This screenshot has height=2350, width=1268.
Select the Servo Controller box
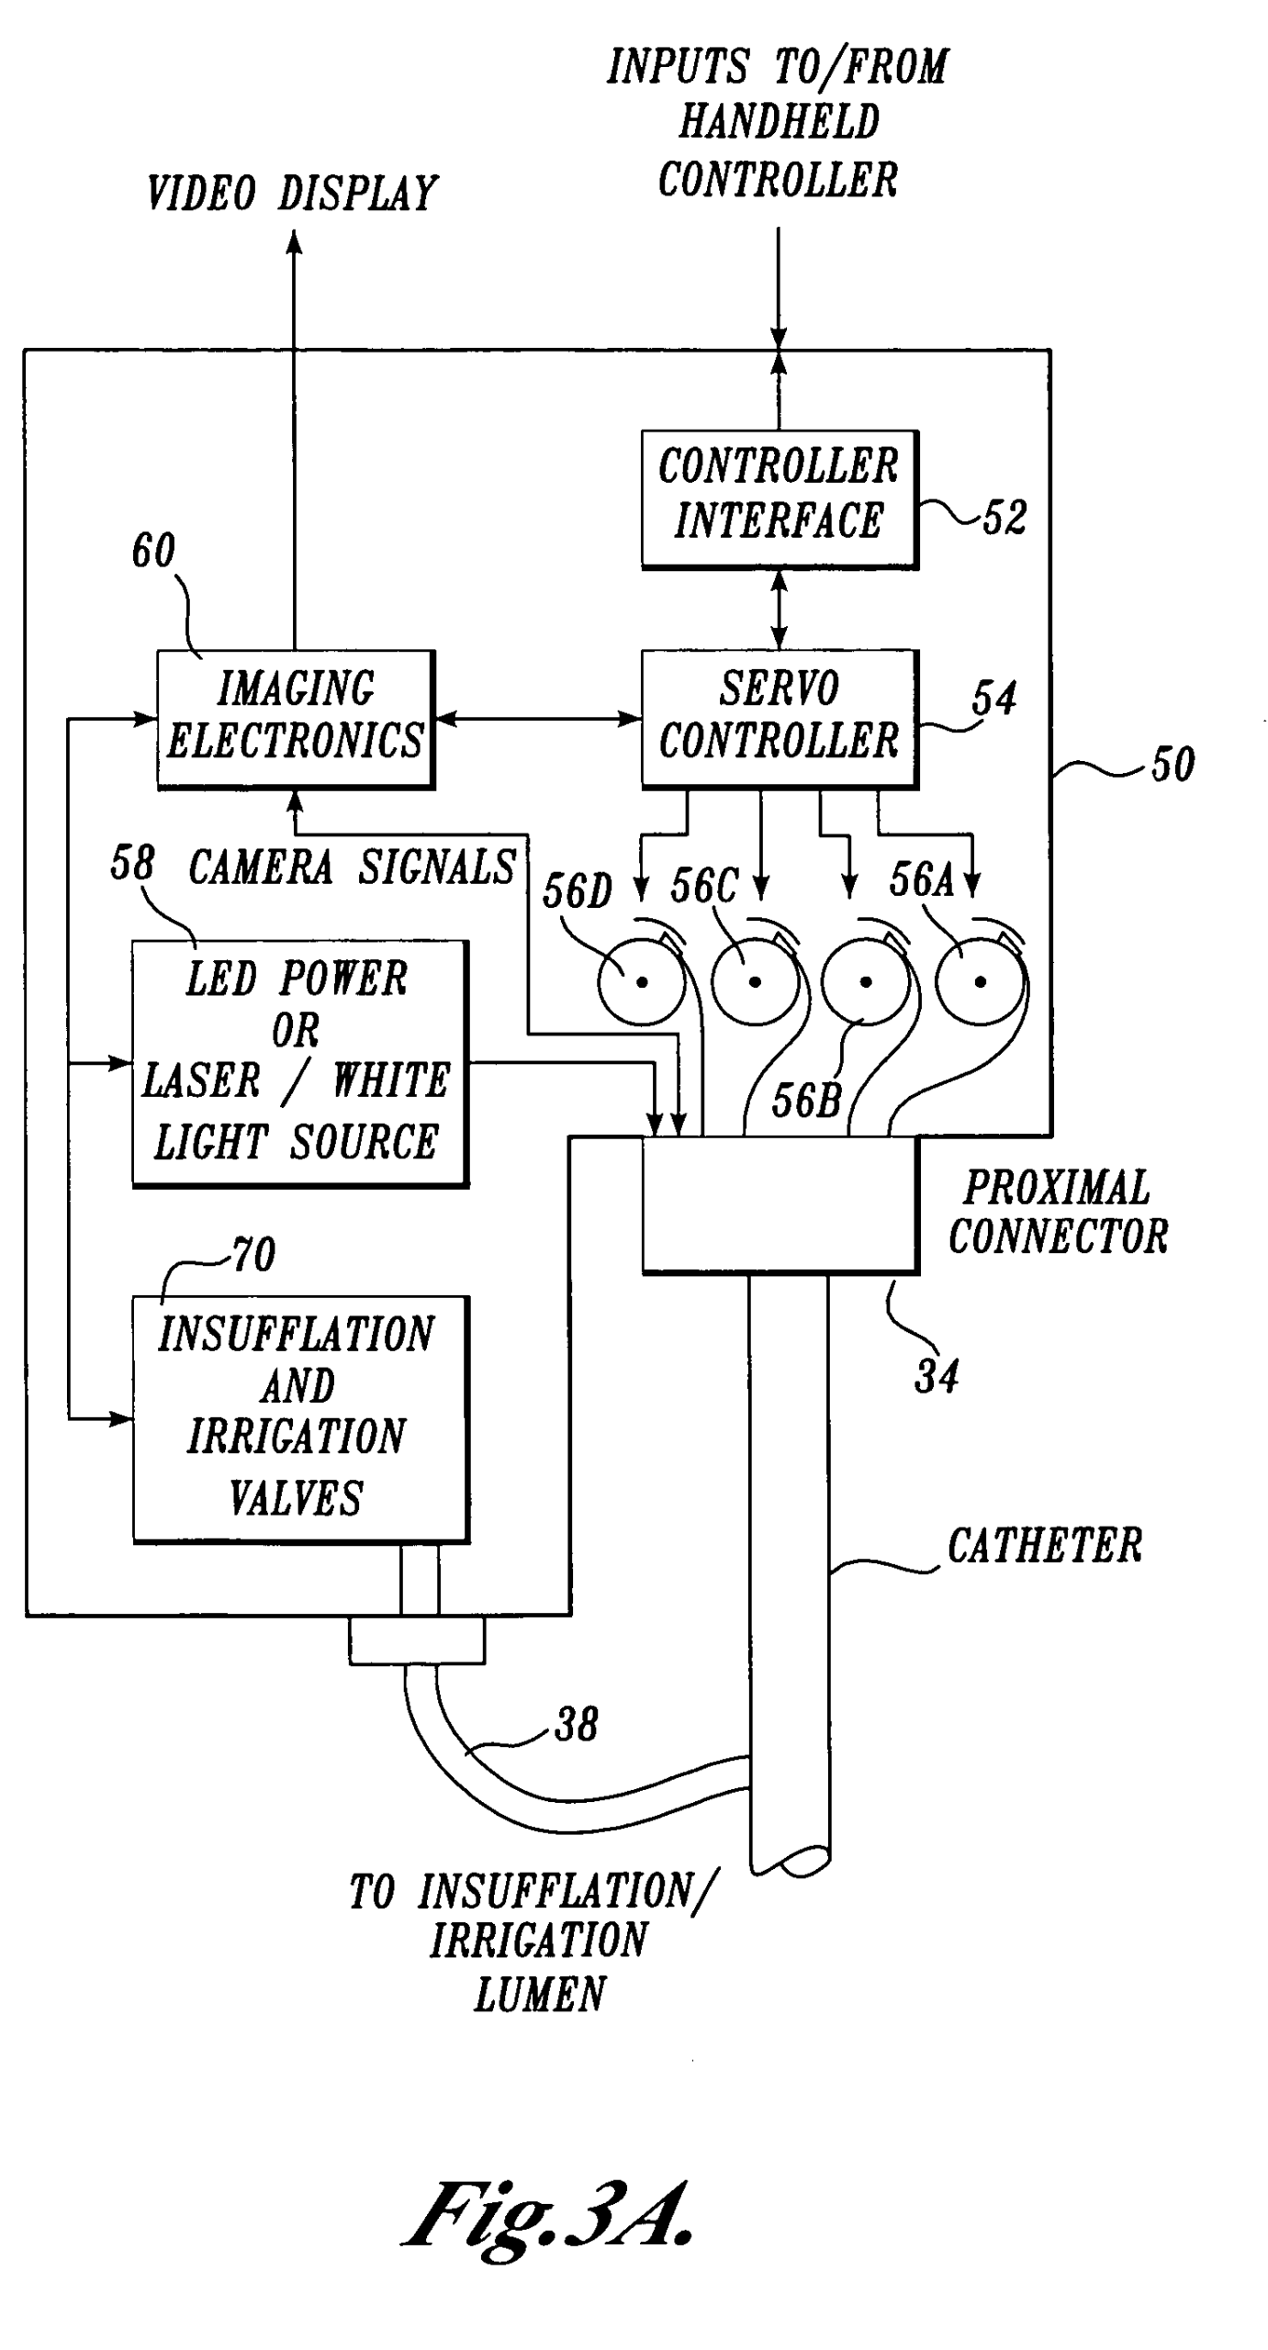(x=779, y=718)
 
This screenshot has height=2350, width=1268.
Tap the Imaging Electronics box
(x=295, y=718)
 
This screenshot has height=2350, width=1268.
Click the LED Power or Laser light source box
(x=299, y=1062)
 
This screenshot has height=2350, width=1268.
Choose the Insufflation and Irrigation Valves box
(x=300, y=1418)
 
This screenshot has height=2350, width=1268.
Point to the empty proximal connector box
(x=780, y=1203)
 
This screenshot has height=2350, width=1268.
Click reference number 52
(x=1004, y=517)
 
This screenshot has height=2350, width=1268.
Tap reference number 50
(x=1173, y=764)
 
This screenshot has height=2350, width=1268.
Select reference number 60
(x=153, y=551)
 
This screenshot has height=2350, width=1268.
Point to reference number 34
(x=937, y=1376)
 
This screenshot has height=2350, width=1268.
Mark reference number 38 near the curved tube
(x=577, y=1724)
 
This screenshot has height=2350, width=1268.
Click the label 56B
(x=806, y=1100)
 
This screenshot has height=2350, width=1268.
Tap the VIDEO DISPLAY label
(x=292, y=194)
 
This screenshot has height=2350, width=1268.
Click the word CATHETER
(x=1045, y=1546)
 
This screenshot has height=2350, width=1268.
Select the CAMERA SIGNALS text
(x=352, y=867)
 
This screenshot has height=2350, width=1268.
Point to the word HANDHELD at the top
(x=779, y=122)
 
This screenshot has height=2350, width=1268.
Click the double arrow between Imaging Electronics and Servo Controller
(x=537, y=718)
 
